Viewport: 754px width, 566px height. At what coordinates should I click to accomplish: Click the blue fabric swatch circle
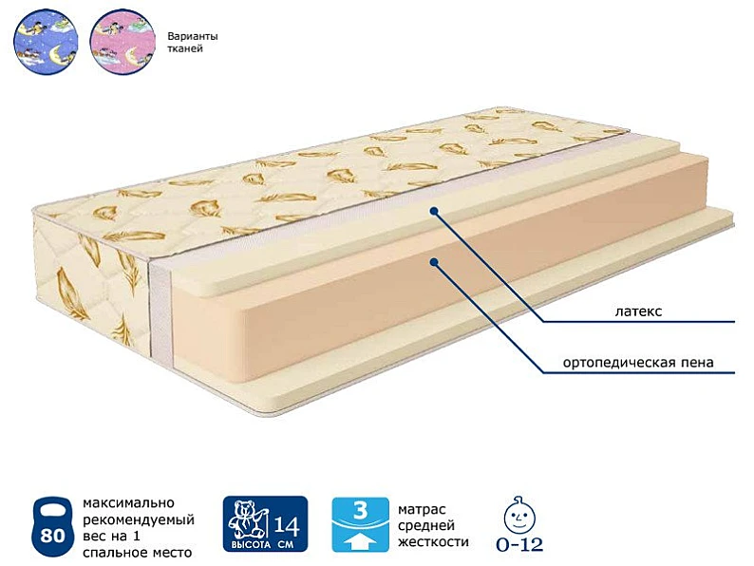[x=46, y=42]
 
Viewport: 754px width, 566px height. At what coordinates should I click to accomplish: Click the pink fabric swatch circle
[x=123, y=42]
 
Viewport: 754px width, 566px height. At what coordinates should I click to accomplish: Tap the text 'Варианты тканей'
[x=193, y=43]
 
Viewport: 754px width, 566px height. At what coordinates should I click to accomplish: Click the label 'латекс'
[x=638, y=311]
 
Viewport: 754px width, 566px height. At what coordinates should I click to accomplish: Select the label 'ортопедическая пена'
[x=638, y=362]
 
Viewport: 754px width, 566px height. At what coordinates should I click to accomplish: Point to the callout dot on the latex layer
[x=434, y=211]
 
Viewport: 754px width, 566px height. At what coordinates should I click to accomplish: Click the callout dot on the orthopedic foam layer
[x=434, y=262]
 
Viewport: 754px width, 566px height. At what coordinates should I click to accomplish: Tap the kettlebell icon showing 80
[x=52, y=527]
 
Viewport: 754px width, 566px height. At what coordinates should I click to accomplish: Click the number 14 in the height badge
[x=287, y=525]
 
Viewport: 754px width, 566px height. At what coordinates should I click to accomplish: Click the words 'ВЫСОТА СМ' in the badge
[x=262, y=545]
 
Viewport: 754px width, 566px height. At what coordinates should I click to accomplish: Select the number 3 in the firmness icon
[x=360, y=510]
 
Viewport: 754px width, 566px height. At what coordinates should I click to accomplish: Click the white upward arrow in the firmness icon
[x=360, y=541]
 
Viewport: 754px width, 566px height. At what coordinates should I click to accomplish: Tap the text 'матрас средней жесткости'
[x=433, y=525]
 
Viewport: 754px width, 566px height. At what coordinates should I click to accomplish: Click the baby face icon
[x=518, y=515]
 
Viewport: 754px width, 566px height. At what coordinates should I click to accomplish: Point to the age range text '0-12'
[x=519, y=544]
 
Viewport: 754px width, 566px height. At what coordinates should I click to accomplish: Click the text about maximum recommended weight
[x=139, y=528]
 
